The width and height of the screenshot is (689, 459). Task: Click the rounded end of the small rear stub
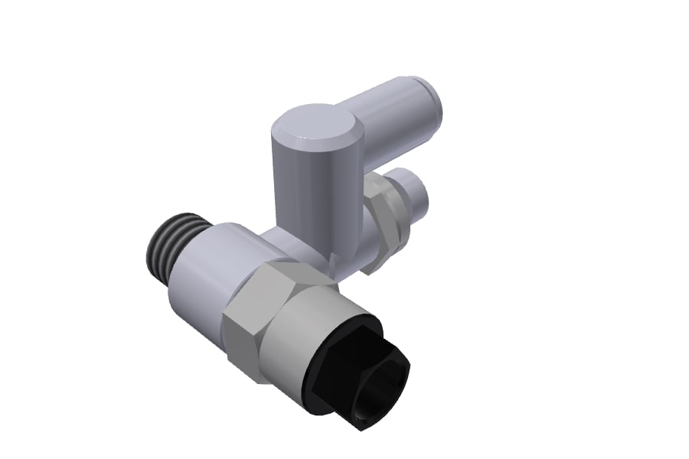click(423, 193)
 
